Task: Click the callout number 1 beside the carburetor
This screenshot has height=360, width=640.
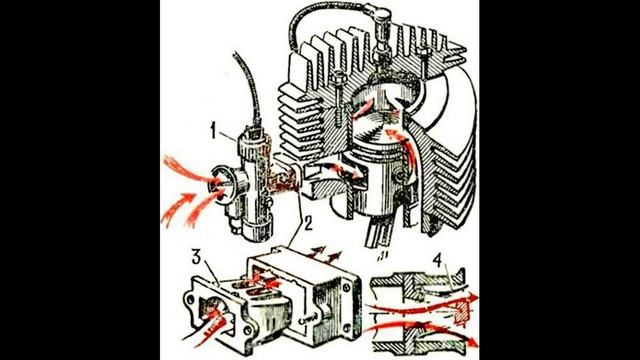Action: pos(213,132)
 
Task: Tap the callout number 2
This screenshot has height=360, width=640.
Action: pos(307,223)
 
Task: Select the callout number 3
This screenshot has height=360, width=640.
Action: pos(197,258)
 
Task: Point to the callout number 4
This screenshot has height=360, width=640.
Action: pos(438,260)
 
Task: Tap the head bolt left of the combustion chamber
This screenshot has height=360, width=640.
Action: pos(339,98)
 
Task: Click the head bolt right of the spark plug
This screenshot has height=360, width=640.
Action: pos(424,61)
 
